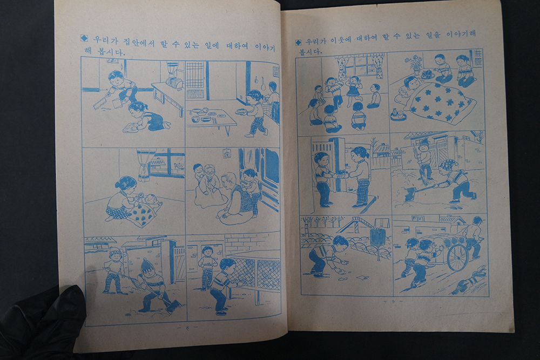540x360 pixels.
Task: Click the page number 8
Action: pos(187,327)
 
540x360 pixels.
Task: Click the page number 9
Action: pos(393,302)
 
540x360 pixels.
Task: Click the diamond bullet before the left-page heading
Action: pos(84,38)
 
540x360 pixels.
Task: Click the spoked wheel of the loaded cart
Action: pos(457,258)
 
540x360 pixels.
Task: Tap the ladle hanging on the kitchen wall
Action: pos(264,84)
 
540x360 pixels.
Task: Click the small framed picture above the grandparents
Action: pos(227,154)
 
